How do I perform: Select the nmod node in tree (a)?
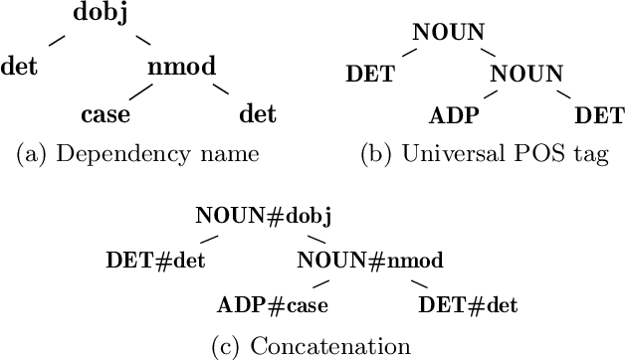pos(182,67)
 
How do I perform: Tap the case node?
pos(105,114)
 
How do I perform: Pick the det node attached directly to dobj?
pos(20,67)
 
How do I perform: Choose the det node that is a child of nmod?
pos(258,114)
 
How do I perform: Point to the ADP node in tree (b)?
pos(454,115)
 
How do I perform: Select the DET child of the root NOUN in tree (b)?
pos(370,74)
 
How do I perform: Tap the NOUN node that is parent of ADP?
pos(526,74)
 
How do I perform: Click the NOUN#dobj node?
pos(263,216)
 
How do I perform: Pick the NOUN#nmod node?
pos(369,261)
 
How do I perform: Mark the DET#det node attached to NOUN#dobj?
pos(155,261)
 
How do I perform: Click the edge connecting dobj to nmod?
pos(143,41)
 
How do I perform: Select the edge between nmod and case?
pos(140,90)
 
